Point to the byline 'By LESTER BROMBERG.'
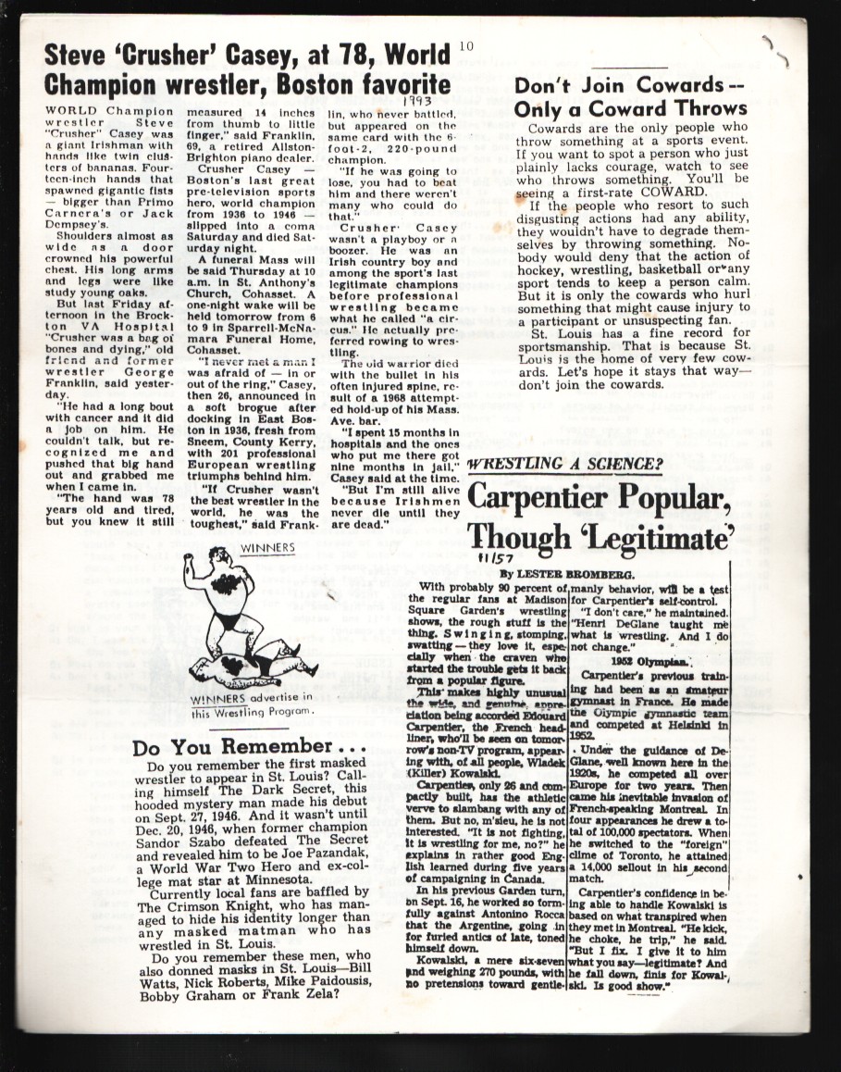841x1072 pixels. pyautogui.click(x=547, y=574)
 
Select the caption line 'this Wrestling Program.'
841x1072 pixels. pyautogui.click(x=252, y=713)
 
